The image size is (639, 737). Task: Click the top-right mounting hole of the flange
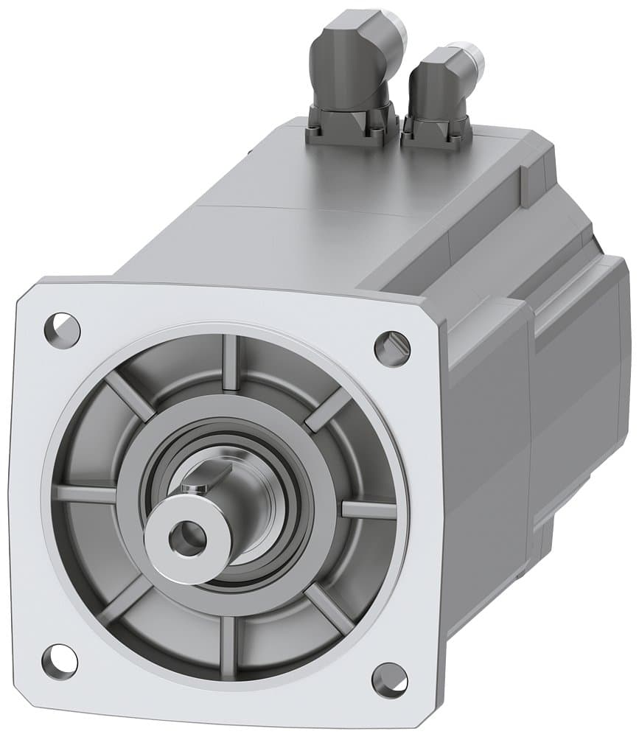click(391, 346)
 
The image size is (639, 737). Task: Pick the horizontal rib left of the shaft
click(87, 492)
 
